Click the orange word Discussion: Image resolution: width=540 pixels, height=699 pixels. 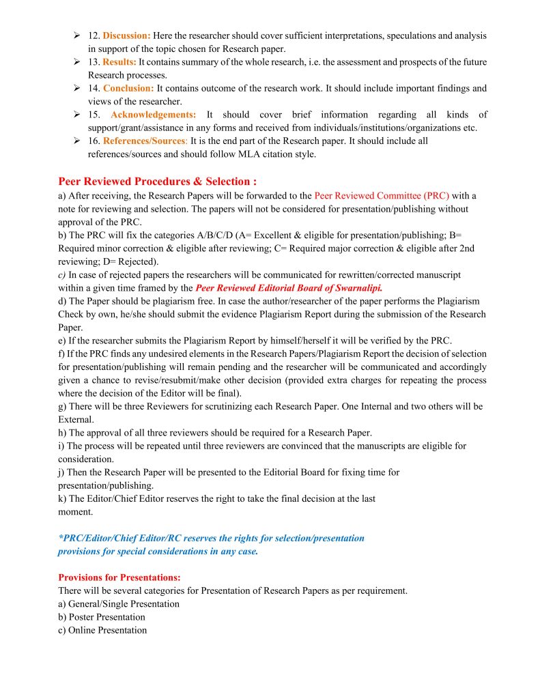click(127, 35)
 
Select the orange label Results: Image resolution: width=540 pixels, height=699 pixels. click(119, 62)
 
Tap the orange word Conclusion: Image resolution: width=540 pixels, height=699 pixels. click(128, 88)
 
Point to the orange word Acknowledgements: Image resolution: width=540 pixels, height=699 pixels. click(154, 115)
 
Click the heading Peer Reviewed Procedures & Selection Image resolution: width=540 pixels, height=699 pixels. click(158, 182)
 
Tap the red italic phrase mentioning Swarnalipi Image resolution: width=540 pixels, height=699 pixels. click(289, 288)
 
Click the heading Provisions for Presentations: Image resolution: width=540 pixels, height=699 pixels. click(119, 577)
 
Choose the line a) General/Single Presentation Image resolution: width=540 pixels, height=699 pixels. click(119, 604)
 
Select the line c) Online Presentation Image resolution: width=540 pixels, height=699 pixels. click(102, 630)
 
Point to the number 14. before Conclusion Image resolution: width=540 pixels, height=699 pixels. click(94, 88)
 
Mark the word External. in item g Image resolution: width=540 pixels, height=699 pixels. click(76, 419)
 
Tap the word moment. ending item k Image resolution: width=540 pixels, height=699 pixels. click(76, 511)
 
